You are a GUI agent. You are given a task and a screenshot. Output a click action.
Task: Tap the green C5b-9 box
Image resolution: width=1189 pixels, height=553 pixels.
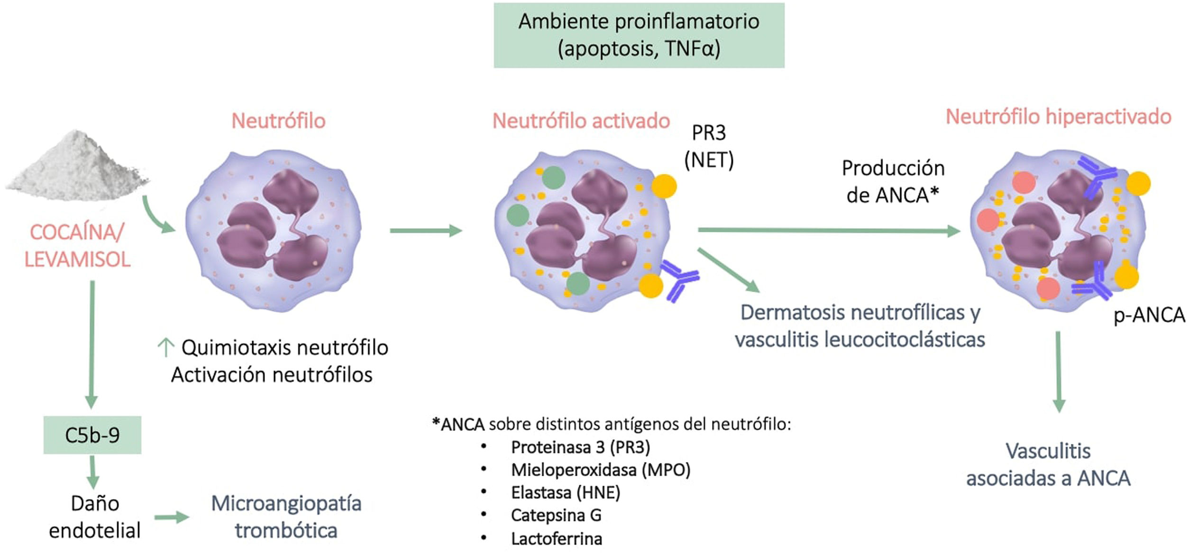pyautogui.click(x=92, y=435)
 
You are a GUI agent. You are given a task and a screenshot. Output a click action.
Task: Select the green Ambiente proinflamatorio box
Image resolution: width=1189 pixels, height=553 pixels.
pyautogui.click(x=639, y=35)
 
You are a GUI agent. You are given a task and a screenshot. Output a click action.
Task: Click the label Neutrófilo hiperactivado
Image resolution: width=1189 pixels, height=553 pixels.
pyautogui.click(x=1058, y=117)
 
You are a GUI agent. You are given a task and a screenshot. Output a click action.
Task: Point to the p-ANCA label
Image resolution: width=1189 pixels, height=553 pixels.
pyautogui.click(x=1149, y=315)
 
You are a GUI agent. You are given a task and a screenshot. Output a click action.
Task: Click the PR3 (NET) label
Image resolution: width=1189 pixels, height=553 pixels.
pyautogui.click(x=709, y=147)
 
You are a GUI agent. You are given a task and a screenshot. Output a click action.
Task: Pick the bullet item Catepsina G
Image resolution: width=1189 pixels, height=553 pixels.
pyautogui.click(x=556, y=515)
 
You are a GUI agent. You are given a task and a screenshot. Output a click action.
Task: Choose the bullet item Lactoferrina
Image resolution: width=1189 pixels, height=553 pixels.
pyautogui.click(x=557, y=539)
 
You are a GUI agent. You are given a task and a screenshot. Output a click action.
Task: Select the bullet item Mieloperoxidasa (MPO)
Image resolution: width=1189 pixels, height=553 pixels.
pyautogui.click(x=600, y=470)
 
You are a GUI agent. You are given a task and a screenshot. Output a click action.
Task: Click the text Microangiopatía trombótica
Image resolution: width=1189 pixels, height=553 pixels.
pyautogui.click(x=286, y=516)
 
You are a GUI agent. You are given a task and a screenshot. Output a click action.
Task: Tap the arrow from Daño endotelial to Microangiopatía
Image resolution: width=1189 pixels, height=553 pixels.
pyautogui.click(x=172, y=517)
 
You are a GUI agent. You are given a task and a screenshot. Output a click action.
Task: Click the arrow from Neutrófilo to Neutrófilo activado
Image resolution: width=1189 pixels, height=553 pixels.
pyautogui.click(x=425, y=231)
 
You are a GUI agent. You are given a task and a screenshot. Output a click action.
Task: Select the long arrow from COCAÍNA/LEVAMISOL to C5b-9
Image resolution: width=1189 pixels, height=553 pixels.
pyautogui.click(x=91, y=344)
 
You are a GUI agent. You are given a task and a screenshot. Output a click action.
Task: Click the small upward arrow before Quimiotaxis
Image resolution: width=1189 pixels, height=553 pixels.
pyautogui.click(x=165, y=348)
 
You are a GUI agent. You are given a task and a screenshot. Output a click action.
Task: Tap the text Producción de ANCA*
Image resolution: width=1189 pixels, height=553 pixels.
pyautogui.click(x=893, y=182)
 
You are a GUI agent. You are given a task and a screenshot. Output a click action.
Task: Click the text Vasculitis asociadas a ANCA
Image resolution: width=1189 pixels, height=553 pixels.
pyautogui.click(x=1048, y=464)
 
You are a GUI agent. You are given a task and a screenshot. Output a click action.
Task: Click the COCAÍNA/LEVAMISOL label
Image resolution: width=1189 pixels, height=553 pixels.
pyautogui.click(x=77, y=246)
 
